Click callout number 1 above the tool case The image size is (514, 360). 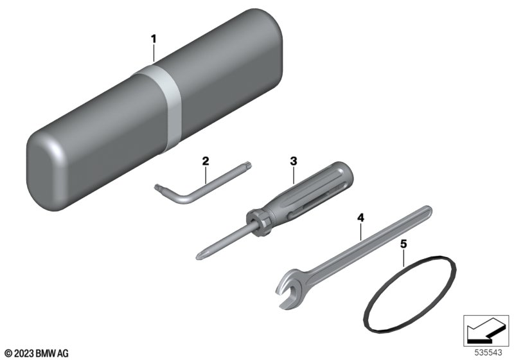[154, 39]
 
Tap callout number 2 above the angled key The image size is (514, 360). [206, 161]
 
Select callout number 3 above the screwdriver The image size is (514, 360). [294, 161]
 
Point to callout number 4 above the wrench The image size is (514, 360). [360, 217]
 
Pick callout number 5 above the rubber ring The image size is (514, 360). [403, 244]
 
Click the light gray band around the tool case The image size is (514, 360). [161, 105]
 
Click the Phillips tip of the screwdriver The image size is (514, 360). [199, 255]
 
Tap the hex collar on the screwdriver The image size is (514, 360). [258, 223]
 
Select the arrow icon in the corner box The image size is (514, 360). [486, 330]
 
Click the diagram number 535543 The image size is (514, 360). [488, 353]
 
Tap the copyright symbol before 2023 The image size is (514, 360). [9, 354]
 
